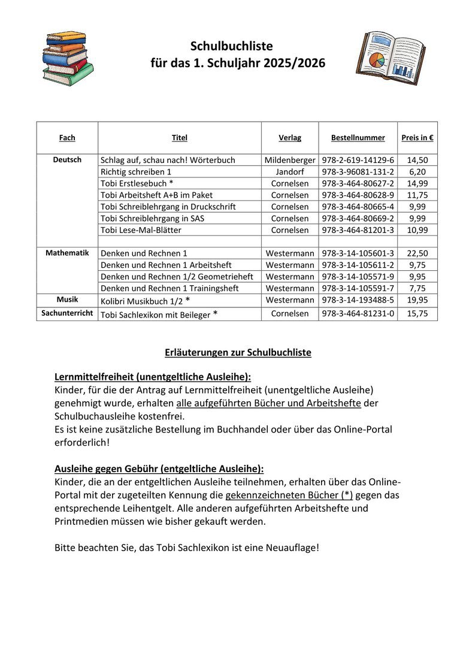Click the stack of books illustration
(68, 58)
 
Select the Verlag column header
(290, 138)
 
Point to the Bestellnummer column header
(358, 138)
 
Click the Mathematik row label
(67, 253)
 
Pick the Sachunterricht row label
(67, 313)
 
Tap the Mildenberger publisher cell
(290, 160)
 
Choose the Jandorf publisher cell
(290, 172)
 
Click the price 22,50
(417, 253)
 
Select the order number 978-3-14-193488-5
(358, 300)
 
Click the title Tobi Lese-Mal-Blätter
(141, 230)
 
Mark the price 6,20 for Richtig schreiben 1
(417, 172)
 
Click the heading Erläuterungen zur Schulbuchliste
(238, 352)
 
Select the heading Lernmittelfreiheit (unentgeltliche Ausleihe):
(153, 377)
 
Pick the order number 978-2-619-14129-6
(358, 160)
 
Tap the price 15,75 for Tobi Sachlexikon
(417, 313)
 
